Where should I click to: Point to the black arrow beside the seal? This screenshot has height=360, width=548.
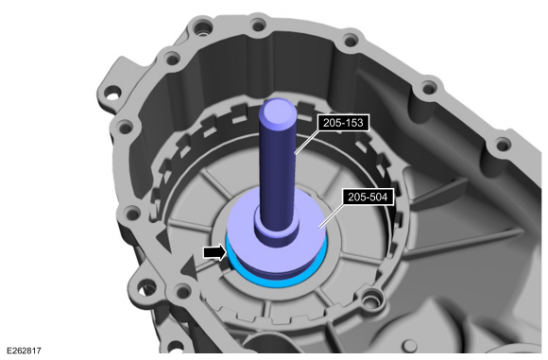(215, 251)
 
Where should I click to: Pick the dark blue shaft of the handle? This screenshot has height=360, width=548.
(279, 170)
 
